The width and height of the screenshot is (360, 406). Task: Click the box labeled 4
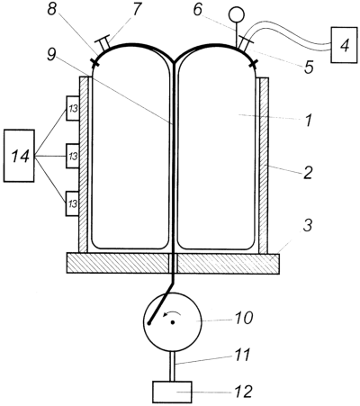click(345, 45)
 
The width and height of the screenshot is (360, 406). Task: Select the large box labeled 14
click(19, 156)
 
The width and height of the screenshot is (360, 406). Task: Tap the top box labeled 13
click(73, 108)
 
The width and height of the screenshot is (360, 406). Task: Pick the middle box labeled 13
click(73, 156)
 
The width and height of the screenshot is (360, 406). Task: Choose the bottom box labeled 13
click(73, 203)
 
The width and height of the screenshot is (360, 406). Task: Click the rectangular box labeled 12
click(172, 392)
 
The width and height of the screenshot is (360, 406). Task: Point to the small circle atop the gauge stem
click(237, 14)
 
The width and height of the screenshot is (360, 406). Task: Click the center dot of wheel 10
click(173, 322)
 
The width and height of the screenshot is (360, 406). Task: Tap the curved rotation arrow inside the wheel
click(172, 313)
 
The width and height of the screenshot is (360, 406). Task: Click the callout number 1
click(307, 120)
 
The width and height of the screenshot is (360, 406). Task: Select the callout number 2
click(308, 172)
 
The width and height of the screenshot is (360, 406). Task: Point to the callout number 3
click(307, 225)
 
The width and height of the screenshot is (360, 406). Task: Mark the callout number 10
click(244, 318)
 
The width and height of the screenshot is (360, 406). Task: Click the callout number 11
click(241, 355)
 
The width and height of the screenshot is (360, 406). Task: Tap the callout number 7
click(136, 10)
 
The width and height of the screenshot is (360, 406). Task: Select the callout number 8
click(51, 10)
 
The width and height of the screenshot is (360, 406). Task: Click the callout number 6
click(197, 10)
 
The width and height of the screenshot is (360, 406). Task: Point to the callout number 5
click(308, 68)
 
